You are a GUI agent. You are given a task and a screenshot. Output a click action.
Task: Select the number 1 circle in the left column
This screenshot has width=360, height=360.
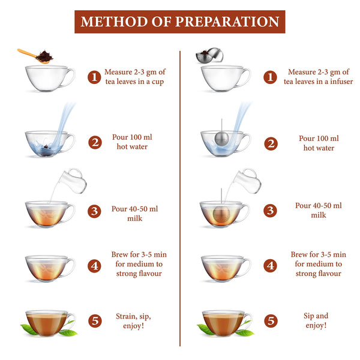(x=94, y=77)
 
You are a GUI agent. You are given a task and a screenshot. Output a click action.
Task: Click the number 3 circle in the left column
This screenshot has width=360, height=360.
(x=94, y=210)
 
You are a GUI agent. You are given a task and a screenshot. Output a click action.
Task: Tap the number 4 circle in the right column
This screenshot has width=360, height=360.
(x=271, y=265)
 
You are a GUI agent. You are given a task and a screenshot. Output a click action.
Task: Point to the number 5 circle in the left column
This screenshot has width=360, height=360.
(x=94, y=321)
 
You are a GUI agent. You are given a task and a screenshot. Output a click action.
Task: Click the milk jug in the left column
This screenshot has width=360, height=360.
(x=71, y=178)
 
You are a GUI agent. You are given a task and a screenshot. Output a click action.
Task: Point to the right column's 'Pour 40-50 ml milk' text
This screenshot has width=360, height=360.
(x=318, y=210)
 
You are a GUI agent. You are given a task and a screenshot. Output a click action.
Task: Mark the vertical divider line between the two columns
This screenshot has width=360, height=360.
(x=180, y=198)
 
